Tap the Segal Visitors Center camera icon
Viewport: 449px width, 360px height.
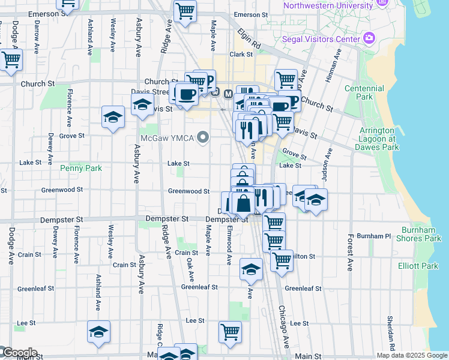pos(369,39)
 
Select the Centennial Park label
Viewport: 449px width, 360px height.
pos(364,92)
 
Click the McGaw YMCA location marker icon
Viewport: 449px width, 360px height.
pos(203,138)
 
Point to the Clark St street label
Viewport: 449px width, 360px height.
pos(241,54)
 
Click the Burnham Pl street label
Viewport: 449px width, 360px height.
pos(374,236)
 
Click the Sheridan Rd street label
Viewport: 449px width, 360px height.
pos(390,333)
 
